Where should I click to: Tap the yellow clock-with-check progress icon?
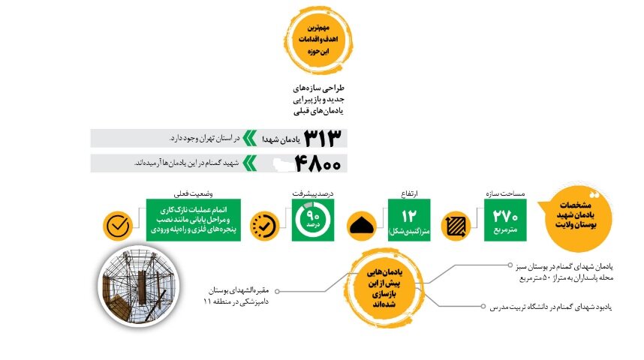pos(265,224)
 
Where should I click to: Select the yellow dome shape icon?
pos(364,224)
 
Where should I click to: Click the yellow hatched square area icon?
pos(456,224)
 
